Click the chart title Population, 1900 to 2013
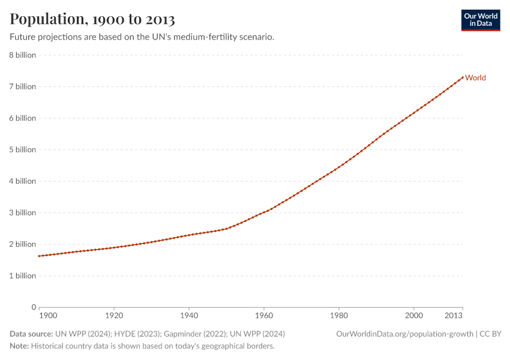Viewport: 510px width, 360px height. pos(92,19)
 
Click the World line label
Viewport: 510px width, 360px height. pos(475,77)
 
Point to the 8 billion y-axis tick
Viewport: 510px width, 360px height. pos(22,55)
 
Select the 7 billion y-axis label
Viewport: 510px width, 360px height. pos(22,86)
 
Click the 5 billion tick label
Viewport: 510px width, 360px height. pos(22,149)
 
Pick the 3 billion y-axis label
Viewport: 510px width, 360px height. pos(22,212)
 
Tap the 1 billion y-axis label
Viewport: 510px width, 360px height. pos(22,276)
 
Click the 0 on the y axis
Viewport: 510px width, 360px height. pos(34,307)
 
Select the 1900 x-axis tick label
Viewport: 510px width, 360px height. pos(48,316)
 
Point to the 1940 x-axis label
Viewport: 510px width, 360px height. pos(189,316)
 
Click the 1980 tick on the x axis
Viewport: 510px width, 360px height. pos(339,316)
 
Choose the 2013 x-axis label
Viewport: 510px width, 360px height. pos(454,316)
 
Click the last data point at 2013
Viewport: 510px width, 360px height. pos(463,77)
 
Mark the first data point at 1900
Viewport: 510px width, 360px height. pos(39,256)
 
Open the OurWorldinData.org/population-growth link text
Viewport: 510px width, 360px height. pos(404,334)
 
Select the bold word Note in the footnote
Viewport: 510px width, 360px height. pos(19,346)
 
